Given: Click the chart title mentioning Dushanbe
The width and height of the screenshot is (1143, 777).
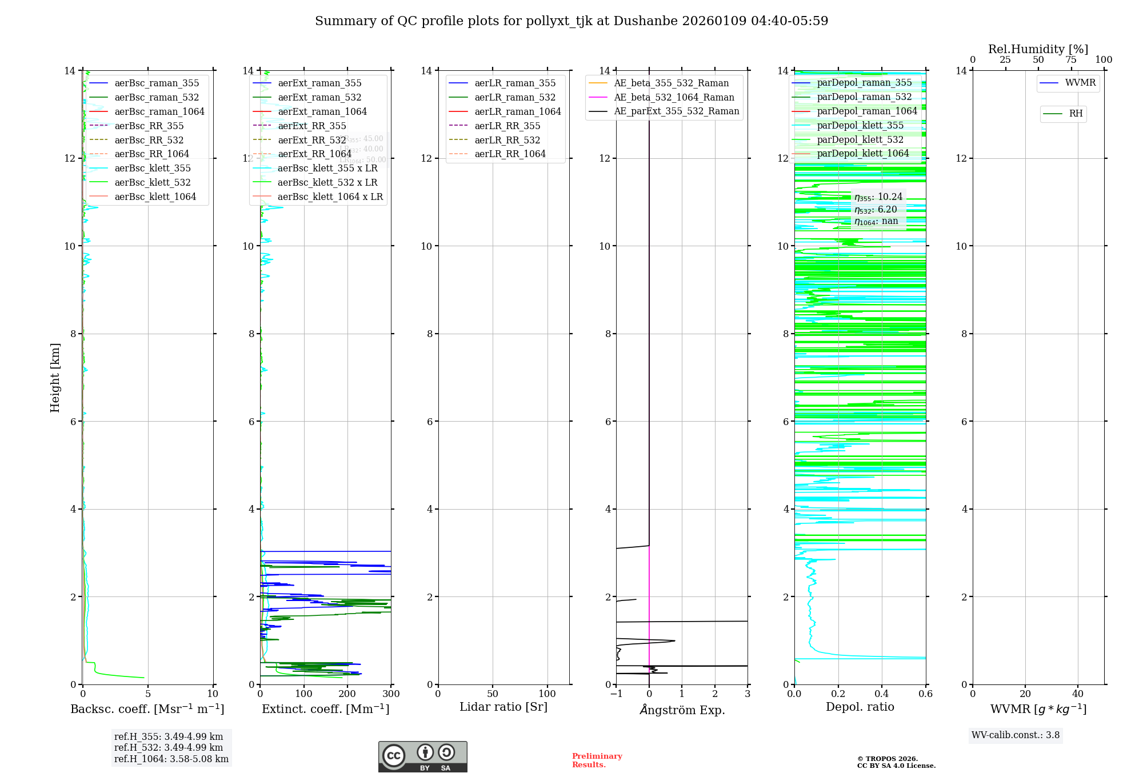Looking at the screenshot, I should pos(571,21).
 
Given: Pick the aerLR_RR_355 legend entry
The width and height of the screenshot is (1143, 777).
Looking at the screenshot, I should pos(507,126).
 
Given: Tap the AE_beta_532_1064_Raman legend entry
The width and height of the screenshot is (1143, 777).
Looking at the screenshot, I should pos(674,98).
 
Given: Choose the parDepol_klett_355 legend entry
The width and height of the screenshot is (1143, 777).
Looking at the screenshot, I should pos(860,126).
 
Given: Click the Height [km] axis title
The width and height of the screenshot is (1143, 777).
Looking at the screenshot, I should pos(55,378).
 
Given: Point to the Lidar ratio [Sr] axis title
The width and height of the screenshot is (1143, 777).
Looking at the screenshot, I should pos(503,707).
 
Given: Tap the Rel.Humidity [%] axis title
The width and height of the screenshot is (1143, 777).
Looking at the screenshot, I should pos(1038,49).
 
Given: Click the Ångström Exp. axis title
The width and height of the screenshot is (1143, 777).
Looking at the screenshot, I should pos(682,710).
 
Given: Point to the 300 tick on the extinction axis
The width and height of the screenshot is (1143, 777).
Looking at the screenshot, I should pos(391,694).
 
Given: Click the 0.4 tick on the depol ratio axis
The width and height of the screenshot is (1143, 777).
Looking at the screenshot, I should pos(882,694).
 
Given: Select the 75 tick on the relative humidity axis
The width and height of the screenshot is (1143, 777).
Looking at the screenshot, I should pos(1071,60).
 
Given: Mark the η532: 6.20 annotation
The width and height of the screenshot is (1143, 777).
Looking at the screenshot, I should pos(876,210).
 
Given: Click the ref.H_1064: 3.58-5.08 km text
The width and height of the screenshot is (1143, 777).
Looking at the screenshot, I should pos(171,759).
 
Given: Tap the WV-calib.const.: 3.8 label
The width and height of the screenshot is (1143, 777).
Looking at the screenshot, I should pos(1016,735).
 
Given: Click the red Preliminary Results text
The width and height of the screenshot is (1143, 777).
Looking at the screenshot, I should pos(597,760).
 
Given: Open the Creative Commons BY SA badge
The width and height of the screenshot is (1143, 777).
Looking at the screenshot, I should pos(422,756).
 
